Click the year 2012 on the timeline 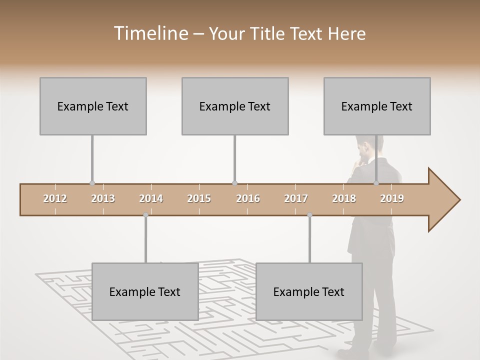pos(55,199)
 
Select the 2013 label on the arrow pos(103,199)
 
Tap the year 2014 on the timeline pos(151,199)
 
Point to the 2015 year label pos(199,199)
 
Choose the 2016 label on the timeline pos(248,199)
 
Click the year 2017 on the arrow pos(296,199)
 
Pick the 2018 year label pos(344,199)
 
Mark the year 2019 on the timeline pos(392,199)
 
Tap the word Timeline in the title pos(150,33)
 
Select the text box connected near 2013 pos(93,106)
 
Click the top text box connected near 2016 pos(235,106)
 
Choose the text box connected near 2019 pos(377,106)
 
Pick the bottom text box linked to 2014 pos(145,291)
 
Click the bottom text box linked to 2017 pos(309,291)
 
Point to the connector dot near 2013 pos(92,183)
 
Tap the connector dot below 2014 pos(145,215)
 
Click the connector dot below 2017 pos(309,215)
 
